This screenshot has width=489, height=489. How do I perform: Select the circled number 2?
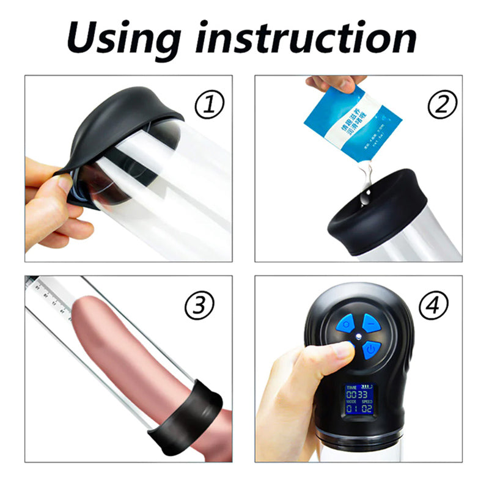(441, 106)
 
